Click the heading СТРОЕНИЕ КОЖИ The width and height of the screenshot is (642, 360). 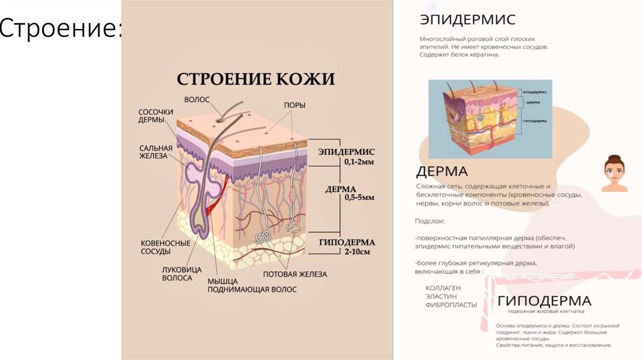pos(255,79)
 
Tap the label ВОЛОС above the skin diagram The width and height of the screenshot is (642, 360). pos(197,99)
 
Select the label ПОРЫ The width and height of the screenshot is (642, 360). pos(295,105)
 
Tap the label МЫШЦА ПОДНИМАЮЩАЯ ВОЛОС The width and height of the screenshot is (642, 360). pos(252,285)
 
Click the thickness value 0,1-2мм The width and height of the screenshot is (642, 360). pos(359,162)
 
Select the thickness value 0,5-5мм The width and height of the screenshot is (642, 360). pos(359,198)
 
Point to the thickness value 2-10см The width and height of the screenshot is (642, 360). pos(356,251)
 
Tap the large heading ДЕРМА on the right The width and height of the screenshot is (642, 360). pos(442,171)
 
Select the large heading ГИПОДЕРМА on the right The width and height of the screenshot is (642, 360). pos(544,300)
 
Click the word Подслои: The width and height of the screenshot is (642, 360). pos(429,221)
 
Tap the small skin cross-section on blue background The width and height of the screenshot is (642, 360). pos(490,118)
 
